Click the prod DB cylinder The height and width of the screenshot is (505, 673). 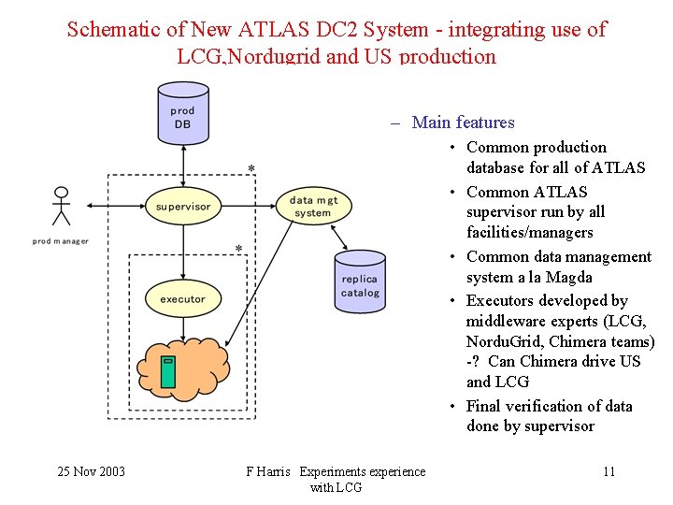click(x=183, y=114)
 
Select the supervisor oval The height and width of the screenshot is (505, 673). click(x=183, y=206)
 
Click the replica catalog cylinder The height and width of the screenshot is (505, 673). click(x=360, y=281)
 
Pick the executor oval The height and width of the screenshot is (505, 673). click(x=183, y=299)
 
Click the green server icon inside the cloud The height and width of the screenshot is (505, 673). click(x=168, y=371)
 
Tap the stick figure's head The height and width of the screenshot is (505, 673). click(x=62, y=195)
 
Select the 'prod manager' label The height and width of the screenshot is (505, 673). click(x=61, y=241)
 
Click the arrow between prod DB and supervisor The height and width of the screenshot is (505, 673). click(x=183, y=167)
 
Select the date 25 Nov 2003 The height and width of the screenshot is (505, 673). click(x=91, y=471)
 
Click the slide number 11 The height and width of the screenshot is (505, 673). click(x=609, y=471)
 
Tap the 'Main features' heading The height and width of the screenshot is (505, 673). click(x=463, y=123)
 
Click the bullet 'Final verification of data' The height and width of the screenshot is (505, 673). click(x=550, y=406)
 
